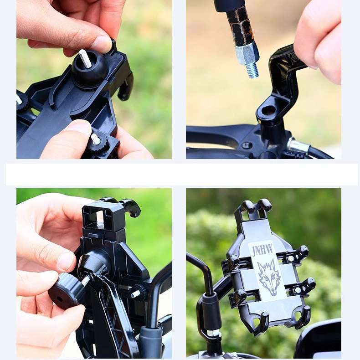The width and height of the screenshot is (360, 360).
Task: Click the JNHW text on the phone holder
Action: pyautogui.click(x=263, y=250)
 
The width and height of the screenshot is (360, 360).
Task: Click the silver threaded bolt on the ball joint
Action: pyautogui.click(x=85, y=58)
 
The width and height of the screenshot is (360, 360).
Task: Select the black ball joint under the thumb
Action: pyautogui.click(x=90, y=68)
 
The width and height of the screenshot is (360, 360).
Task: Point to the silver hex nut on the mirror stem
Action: pyautogui.click(x=247, y=55)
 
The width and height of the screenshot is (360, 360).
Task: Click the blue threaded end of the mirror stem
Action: pyautogui.click(x=252, y=70)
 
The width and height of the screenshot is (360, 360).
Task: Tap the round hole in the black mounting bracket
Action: pyautogui.click(x=268, y=111)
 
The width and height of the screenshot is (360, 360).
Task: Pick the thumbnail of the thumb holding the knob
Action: pyautogui.click(x=65, y=262)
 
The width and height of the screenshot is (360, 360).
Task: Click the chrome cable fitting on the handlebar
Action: pyautogui.click(x=297, y=145)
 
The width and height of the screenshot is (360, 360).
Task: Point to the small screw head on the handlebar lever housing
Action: pyautogui.click(x=247, y=145)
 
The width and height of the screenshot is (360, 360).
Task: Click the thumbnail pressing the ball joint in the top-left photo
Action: pyautogui.click(x=102, y=43)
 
